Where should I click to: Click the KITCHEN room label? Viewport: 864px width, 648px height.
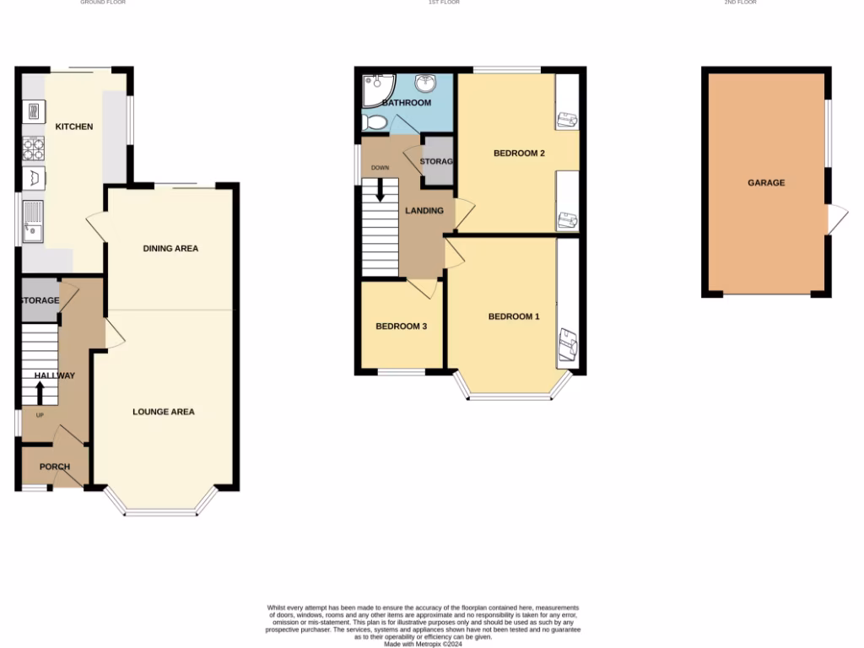74,127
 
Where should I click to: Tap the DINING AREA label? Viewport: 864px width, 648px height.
170,248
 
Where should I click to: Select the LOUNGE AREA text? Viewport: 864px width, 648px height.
164,412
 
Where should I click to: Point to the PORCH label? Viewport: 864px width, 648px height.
55,467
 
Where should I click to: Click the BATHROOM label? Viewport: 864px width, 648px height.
407,103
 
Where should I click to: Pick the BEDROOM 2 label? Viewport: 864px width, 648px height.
519,154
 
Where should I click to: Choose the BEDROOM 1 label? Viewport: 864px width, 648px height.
514,316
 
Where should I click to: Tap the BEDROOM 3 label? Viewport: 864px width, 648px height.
401,326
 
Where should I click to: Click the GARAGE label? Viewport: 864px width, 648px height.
766,182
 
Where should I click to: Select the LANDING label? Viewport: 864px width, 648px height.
424,210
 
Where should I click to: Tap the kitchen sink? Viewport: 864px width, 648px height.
32,221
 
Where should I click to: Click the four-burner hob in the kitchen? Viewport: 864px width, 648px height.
33,149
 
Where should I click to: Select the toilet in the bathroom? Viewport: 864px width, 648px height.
374,123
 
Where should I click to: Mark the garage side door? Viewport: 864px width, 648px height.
836,221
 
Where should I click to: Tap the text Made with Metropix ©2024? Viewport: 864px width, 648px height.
423,644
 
